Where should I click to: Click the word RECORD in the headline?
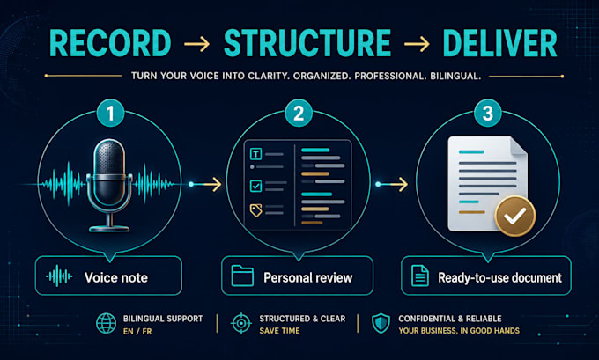coord(110,43)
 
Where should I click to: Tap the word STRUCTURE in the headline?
coord(307,43)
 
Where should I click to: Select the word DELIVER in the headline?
coord(499,43)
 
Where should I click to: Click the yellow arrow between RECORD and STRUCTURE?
coord(196,44)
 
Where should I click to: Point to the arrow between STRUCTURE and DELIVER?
coord(418,44)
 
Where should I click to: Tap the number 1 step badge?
coord(110,113)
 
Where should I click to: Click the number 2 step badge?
coord(299,113)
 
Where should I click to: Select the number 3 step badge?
coord(487,113)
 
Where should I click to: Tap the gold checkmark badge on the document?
coord(515,216)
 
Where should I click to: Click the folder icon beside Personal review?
coord(242,276)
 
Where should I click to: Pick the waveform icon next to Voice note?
coord(59,276)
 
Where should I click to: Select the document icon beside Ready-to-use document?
coord(420,276)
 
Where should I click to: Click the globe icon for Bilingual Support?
coord(106,323)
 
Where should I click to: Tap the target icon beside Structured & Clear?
coord(241,323)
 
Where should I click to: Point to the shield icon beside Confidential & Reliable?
coord(381,323)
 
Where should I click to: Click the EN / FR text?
coord(137,331)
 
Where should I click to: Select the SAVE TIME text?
coord(279,331)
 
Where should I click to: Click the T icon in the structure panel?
coord(255,154)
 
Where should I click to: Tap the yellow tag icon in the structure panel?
coord(256,210)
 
